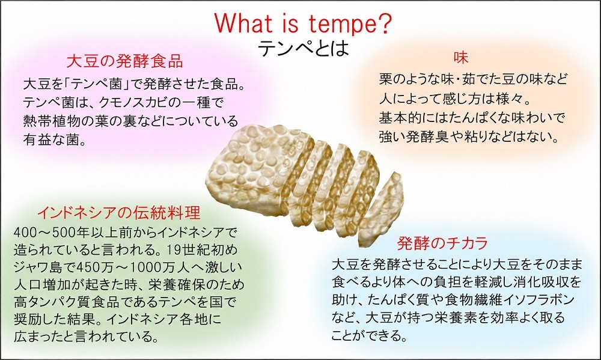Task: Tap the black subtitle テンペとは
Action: [303, 48]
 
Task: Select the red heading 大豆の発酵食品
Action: [124, 61]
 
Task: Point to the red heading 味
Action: [461, 58]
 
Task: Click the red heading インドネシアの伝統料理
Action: [119, 213]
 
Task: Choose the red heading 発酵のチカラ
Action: [443, 243]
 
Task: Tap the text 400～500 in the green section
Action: [44, 232]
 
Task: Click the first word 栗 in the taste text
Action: [386, 79]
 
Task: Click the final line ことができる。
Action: [370, 335]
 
